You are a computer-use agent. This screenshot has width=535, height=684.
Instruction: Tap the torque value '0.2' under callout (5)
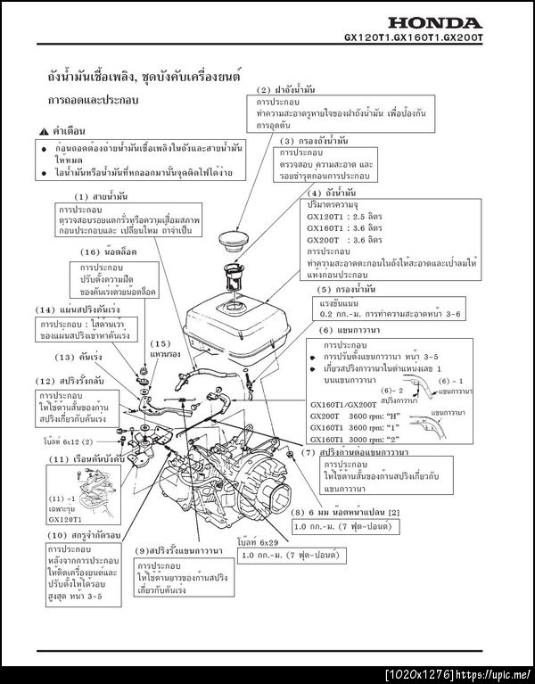tap(327, 315)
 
